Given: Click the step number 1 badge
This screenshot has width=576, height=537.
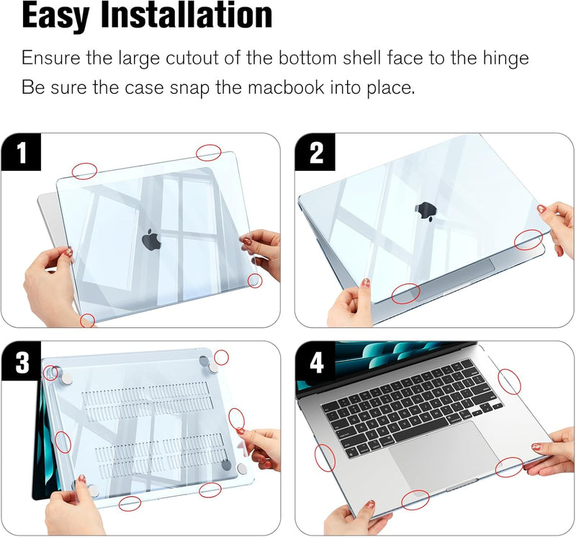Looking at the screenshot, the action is click(x=21, y=152).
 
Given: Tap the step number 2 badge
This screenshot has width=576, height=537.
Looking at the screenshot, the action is click(x=315, y=152).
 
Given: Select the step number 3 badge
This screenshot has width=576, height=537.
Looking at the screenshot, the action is click(x=21, y=361).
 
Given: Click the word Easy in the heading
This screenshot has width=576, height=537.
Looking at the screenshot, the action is click(x=56, y=16).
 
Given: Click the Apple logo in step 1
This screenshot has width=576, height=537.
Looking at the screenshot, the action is click(x=151, y=239).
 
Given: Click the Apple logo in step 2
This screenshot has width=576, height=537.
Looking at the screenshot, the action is click(x=426, y=212).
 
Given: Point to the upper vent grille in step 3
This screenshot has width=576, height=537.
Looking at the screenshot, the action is click(x=147, y=401).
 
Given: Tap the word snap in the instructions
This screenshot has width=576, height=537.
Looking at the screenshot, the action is click(x=189, y=88).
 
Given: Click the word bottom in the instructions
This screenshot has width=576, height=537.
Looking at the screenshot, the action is click(x=307, y=58).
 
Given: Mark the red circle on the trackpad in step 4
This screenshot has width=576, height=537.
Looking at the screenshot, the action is click(x=509, y=467).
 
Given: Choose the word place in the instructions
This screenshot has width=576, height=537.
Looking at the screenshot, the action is click(x=391, y=88).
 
